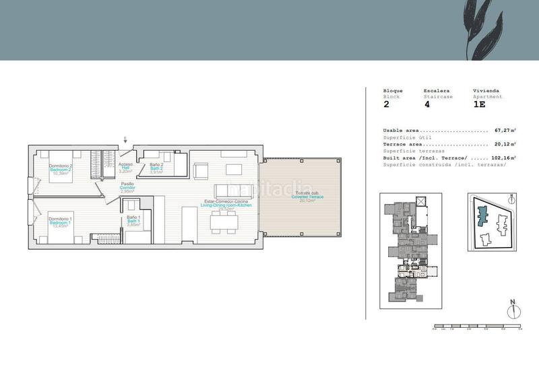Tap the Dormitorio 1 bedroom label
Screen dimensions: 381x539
[x=61, y=221]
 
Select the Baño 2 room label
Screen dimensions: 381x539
[x=156, y=168]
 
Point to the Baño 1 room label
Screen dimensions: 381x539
[x=133, y=221]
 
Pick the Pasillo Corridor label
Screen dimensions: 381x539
[x=127, y=187]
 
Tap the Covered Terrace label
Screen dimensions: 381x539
[x=307, y=197]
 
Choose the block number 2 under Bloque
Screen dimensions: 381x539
[x=386, y=105]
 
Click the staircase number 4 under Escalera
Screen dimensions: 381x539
[x=426, y=105]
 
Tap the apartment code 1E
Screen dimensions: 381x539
[x=479, y=105]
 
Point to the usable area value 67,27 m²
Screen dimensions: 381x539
[x=505, y=130]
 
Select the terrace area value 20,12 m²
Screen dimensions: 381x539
[x=505, y=144]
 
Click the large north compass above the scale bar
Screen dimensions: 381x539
[x=513, y=310]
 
